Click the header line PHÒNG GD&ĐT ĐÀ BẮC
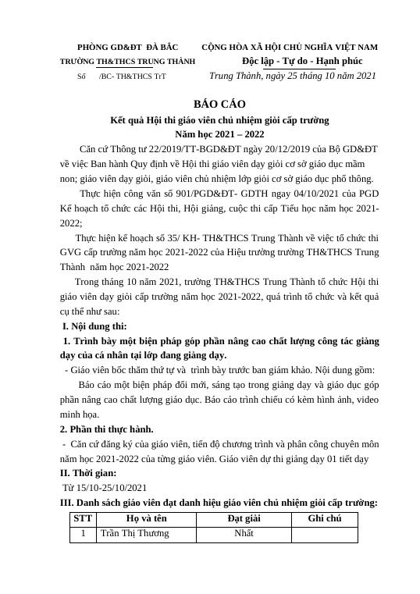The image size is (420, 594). pyautogui.click(x=127, y=47)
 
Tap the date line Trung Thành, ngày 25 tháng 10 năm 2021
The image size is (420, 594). pyautogui.click(x=293, y=76)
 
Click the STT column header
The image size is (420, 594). pyautogui.click(x=81, y=518)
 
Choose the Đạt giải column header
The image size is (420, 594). pyautogui.click(x=244, y=518)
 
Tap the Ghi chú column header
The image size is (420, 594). pyautogui.click(x=324, y=518)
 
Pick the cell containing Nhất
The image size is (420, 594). pyautogui.click(x=244, y=534)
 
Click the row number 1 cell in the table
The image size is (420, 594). pyautogui.click(x=81, y=534)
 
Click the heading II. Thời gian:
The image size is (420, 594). pyautogui.click(x=88, y=473)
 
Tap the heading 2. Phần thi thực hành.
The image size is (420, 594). pyautogui.click(x=107, y=429)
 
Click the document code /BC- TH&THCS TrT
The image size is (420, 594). pyautogui.click(x=132, y=76)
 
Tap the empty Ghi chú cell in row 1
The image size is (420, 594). pyautogui.click(x=324, y=534)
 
